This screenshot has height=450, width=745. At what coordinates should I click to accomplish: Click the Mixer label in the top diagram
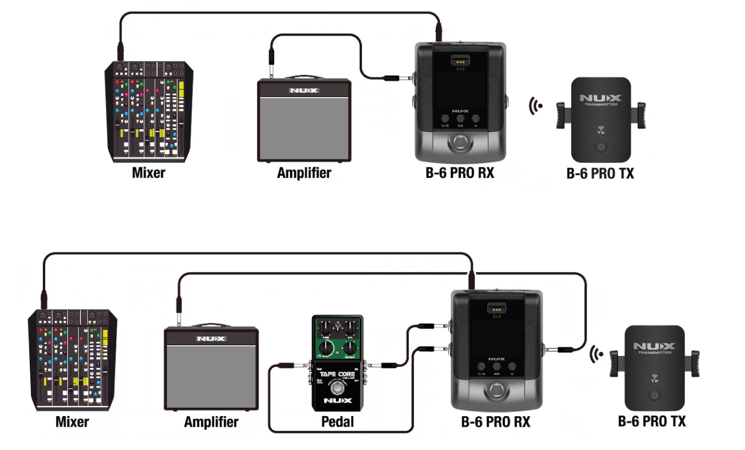click(x=148, y=173)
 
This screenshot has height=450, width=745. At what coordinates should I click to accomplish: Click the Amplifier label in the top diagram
click(x=304, y=173)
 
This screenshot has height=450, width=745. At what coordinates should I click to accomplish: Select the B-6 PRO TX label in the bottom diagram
click(x=652, y=421)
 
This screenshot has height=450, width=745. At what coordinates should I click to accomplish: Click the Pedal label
click(x=337, y=422)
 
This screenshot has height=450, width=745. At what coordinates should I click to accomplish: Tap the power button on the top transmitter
click(x=601, y=146)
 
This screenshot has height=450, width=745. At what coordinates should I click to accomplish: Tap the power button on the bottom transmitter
click(x=654, y=395)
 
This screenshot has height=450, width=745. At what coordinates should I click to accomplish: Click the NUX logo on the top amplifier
click(x=304, y=91)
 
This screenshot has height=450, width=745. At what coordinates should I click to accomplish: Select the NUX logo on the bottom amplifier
click(x=211, y=339)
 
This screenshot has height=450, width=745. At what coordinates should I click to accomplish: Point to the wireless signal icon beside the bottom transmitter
click(x=594, y=355)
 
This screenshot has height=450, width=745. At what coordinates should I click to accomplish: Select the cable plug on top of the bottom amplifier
click(x=178, y=310)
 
